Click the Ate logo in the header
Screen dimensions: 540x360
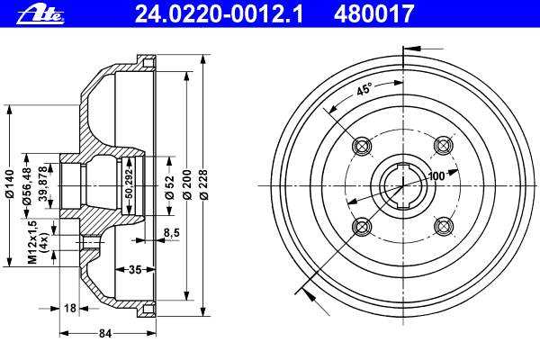tap(40, 15)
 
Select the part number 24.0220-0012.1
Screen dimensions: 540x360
tap(219, 14)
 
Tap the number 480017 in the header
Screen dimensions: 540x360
tap(373, 14)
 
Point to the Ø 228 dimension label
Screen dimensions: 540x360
tap(204, 184)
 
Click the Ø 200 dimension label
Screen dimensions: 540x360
tap(187, 184)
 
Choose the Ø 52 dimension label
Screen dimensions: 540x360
tap(170, 187)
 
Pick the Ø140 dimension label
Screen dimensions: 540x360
tap(10, 184)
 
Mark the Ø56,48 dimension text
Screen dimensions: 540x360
tap(27, 186)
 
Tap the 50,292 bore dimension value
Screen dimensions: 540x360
tap(129, 184)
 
